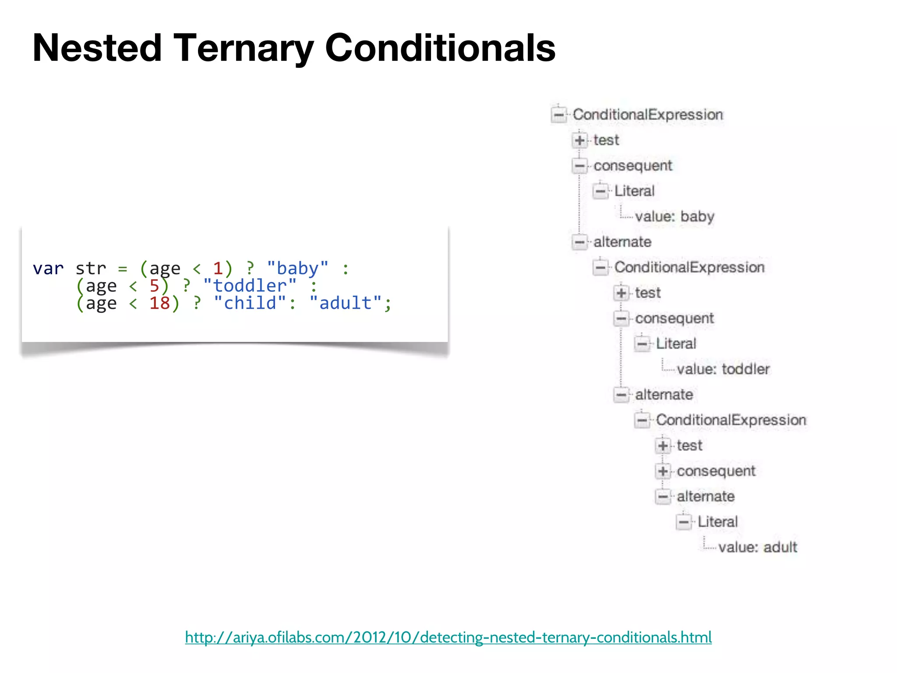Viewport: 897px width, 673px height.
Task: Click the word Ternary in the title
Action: pyautogui.click(x=244, y=48)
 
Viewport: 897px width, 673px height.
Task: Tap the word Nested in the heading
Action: pyautogui.click(x=97, y=48)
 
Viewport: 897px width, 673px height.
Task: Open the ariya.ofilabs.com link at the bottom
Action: pyautogui.click(x=448, y=637)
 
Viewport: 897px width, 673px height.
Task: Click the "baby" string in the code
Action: pyautogui.click(x=297, y=268)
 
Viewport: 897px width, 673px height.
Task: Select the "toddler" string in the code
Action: pyautogui.click(x=250, y=286)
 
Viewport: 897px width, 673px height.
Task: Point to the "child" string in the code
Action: pyautogui.click(x=250, y=303)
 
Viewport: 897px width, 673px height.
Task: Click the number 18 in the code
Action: pyautogui.click(x=159, y=303)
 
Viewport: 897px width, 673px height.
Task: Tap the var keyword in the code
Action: pyautogui.click(x=48, y=268)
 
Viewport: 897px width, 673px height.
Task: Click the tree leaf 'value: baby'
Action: pyautogui.click(x=675, y=216)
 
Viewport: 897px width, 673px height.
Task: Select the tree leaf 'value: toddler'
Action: pyautogui.click(x=723, y=369)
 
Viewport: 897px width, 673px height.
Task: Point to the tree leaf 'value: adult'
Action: pyautogui.click(x=758, y=547)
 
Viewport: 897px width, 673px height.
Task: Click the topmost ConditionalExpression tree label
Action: pyautogui.click(x=648, y=115)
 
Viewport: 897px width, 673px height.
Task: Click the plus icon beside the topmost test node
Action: pyautogui.click(x=579, y=140)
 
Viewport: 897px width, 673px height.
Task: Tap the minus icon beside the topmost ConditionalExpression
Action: pyautogui.click(x=559, y=115)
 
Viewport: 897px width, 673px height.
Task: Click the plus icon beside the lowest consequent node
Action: pyautogui.click(x=663, y=471)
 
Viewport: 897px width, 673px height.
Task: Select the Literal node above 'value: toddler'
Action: pyautogui.click(x=676, y=344)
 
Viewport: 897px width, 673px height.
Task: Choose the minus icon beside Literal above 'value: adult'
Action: pyautogui.click(x=684, y=522)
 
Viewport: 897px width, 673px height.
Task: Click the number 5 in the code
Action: pyautogui.click(x=154, y=286)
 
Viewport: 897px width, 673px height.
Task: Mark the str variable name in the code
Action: pyautogui.click(x=91, y=268)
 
